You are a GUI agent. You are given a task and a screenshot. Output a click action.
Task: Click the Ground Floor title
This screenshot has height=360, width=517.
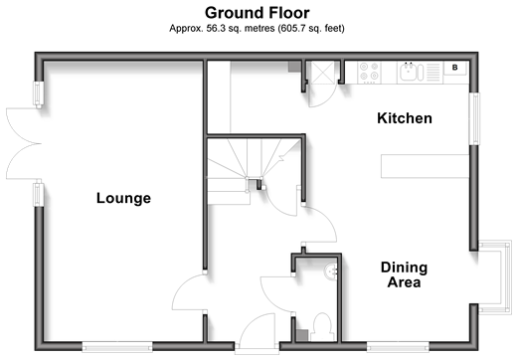(258, 13)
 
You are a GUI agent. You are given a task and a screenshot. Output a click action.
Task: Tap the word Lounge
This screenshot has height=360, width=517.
(123, 198)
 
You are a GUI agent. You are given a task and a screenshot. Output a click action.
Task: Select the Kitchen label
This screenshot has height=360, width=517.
(405, 118)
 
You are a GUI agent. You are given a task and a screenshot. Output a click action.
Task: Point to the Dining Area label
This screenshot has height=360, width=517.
(404, 274)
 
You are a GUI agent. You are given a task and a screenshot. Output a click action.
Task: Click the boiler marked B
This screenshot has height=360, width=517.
(455, 68)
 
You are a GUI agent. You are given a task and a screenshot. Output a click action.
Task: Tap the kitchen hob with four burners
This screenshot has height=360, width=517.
(369, 72)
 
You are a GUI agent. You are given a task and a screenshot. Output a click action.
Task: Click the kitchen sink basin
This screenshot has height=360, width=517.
(408, 72)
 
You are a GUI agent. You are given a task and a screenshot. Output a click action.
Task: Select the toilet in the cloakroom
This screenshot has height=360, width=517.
(322, 326)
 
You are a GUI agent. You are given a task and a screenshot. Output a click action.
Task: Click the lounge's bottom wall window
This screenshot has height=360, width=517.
(117, 347)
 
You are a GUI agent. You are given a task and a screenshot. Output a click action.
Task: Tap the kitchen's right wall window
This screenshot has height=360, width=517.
(474, 118)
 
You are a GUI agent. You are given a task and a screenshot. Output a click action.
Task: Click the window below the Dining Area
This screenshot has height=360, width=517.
(398, 347)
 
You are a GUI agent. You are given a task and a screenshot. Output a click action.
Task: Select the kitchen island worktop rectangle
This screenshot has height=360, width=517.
(425, 166)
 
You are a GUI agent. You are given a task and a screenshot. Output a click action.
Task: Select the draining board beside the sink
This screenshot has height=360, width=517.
(432, 72)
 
